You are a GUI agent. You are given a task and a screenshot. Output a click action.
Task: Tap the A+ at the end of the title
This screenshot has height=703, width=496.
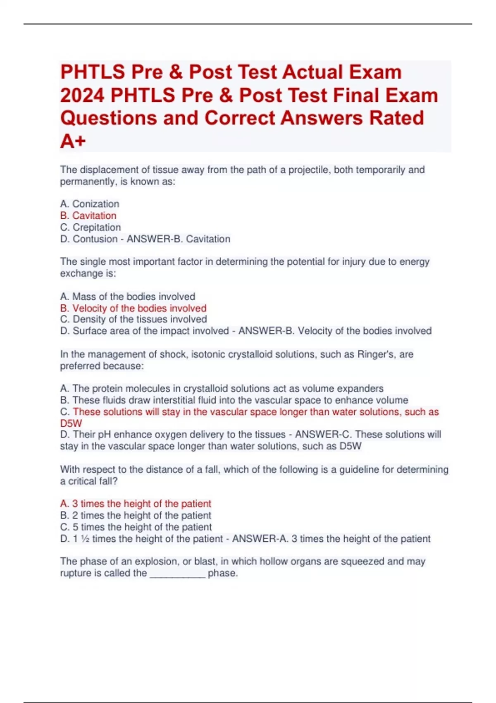click(x=73, y=141)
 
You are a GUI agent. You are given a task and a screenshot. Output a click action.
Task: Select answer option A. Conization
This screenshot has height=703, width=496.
click(x=90, y=204)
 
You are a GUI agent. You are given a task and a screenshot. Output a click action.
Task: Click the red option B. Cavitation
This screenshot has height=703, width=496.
click(x=88, y=215)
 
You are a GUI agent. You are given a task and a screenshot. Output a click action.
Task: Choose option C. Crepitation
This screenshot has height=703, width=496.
click(x=91, y=227)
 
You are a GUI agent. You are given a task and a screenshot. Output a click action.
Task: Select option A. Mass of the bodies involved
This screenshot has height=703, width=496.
click(x=128, y=297)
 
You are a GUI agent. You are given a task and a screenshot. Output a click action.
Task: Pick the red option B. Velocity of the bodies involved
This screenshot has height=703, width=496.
click(x=133, y=308)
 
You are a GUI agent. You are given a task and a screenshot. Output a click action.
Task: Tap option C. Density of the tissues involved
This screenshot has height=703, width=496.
click(x=134, y=319)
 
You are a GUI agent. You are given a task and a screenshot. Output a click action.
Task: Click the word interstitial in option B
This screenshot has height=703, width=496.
click(x=175, y=400)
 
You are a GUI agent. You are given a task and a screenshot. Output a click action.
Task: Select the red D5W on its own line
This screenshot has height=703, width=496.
click(x=71, y=423)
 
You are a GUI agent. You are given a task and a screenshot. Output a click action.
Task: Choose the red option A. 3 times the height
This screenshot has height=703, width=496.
click(x=136, y=504)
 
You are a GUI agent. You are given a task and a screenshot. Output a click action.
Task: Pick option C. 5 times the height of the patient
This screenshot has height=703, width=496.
click(x=136, y=527)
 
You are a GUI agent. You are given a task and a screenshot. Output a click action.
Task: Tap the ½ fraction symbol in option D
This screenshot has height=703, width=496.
click(x=85, y=539)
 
